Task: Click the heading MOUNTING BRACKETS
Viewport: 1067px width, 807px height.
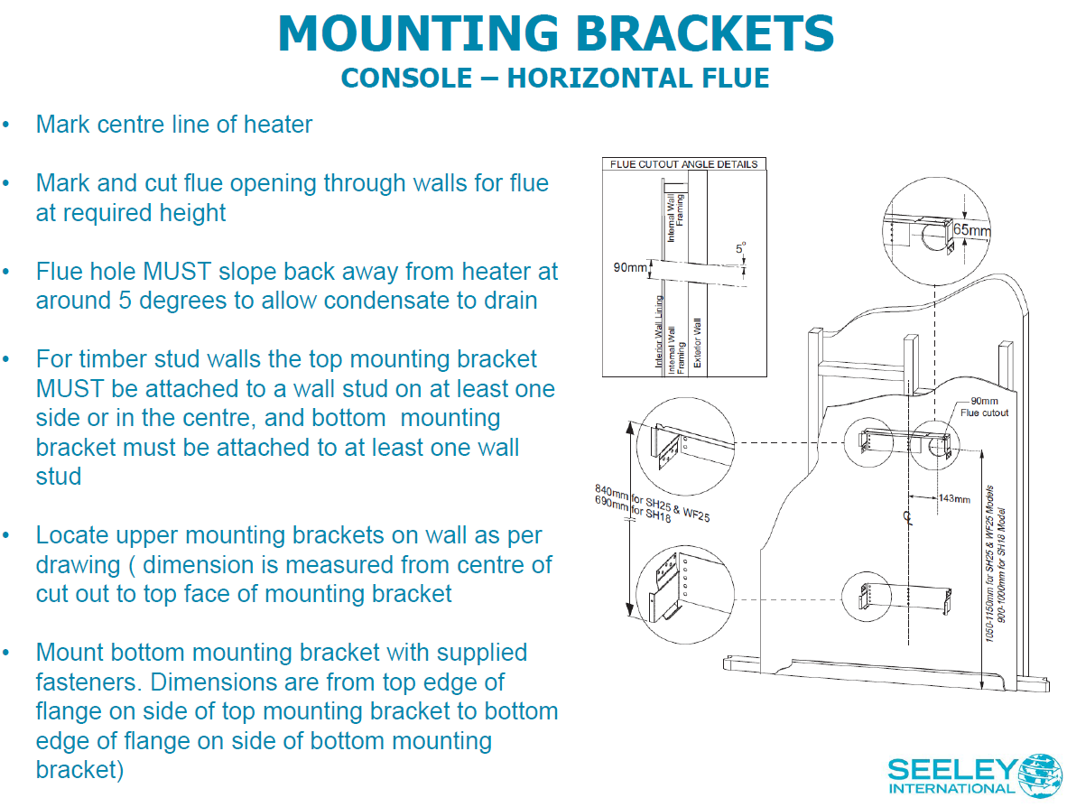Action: (x=556, y=34)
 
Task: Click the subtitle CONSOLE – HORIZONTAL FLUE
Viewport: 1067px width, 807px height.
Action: (x=555, y=78)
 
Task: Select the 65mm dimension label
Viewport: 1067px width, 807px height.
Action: (x=972, y=230)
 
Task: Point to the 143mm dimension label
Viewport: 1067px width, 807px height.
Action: (x=954, y=498)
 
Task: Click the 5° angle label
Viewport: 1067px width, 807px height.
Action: (x=741, y=247)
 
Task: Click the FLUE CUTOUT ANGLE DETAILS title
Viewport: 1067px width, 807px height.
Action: (x=683, y=164)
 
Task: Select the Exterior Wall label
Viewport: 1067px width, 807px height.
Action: (x=697, y=344)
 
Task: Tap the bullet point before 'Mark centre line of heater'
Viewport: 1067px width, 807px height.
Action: (x=7, y=125)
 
